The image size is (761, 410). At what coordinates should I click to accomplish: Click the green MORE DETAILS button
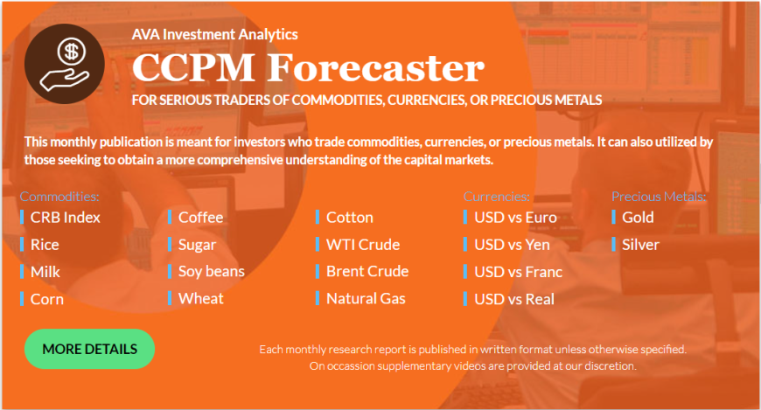click(x=90, y=349)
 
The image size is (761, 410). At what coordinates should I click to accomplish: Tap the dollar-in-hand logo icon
click(x=65, y=64)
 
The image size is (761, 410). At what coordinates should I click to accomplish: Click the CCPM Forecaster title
click(x=308, y=67)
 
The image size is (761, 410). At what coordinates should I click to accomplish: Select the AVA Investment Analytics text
click(x=215, y=34)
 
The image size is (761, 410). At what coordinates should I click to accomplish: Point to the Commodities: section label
click(x=59, y=197)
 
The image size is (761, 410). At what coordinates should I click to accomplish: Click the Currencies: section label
click(x=497, y=197)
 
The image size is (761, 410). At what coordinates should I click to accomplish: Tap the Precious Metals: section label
click(x=659, y=197)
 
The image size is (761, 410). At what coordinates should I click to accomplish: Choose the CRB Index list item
click(x=66, y=218)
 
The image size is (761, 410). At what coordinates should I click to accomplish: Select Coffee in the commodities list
click(x=201, y=218)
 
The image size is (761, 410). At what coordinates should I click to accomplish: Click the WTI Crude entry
click(x=363, y=245)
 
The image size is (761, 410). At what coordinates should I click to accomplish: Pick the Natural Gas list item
click(x=366, y=298)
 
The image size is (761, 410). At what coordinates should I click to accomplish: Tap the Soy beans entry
click(x=212, y=272)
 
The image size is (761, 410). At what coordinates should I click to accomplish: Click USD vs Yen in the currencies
click(x=512, y=245)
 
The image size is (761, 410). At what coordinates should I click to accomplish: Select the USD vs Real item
click(x=514, y=299)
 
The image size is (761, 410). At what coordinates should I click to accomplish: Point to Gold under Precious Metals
click(x=639, y=218)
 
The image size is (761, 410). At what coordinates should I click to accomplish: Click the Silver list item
click(x=640, y=245)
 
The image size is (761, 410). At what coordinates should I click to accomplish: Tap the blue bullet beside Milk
click(x=22, y=272)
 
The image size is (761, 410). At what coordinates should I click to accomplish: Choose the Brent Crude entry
click(x=367, y=271)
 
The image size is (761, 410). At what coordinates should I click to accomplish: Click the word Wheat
click(x=201, y=298)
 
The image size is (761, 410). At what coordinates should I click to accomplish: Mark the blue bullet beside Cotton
click(x=318, y=218)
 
